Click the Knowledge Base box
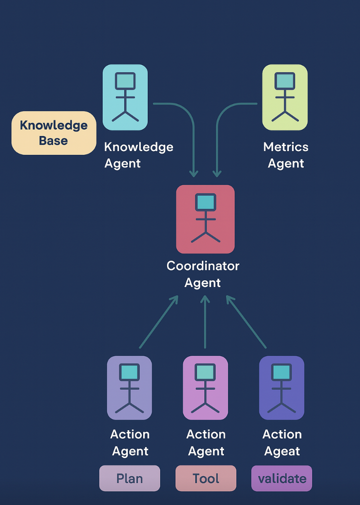pyautogui.click(x=54, y=133)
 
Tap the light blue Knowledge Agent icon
pyautogui.click(x=125, y=97)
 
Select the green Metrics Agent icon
pyautogui.click(x=285, y=97)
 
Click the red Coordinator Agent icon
pyautogui.click(x=205, y=219)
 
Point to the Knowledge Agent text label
pyautogui.click(x=138, y=155)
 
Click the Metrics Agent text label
pyautogui.click(x=286, y=155)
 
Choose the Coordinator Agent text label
pyautogui.click(x=203, y=274)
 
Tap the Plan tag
pyautogui.click(x=129, y=478)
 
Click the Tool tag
pyautogui.click(x=206, y=478)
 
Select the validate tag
pyautogui.click(x=281, y=478)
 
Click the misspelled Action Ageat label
pyautogui.click(x=282, y=442)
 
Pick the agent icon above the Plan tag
pyautogui.click(x=129, y=388)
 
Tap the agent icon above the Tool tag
pyautogui.click(x=205, y=388)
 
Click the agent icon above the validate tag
pyautogui.click(x=281, y=388)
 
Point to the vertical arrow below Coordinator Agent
pyautogui.click(x=205, y=322)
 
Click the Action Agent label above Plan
pyautogui.click(x=130, y=442)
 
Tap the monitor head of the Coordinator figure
pyautogui.click(x=205, y=202)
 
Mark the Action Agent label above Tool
pyautogui.click(x=206, y=442)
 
